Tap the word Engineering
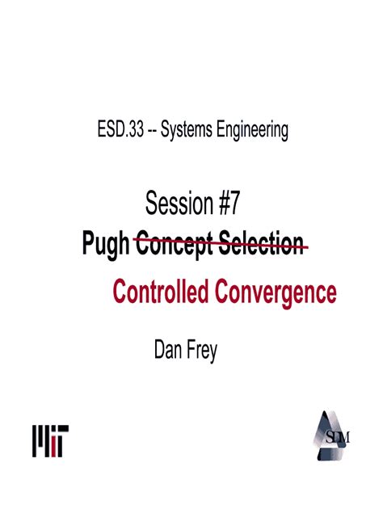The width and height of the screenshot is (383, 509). pyautogui.click(x=253, y=130)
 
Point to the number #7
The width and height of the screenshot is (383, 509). pyautogui.click(x=228, y=205)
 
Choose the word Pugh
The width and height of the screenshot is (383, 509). pyautogui.click(x=106, y=244)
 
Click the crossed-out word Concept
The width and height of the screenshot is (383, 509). pyautogui.click(x=172, y=244)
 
